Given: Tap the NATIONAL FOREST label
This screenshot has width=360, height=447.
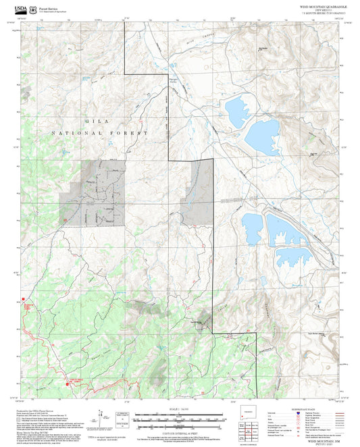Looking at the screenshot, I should tap(99, 133).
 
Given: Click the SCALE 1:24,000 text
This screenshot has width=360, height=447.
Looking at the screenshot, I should tap(180, 408).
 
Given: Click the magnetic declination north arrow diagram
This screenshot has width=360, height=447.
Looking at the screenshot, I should tap(101, 416).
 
